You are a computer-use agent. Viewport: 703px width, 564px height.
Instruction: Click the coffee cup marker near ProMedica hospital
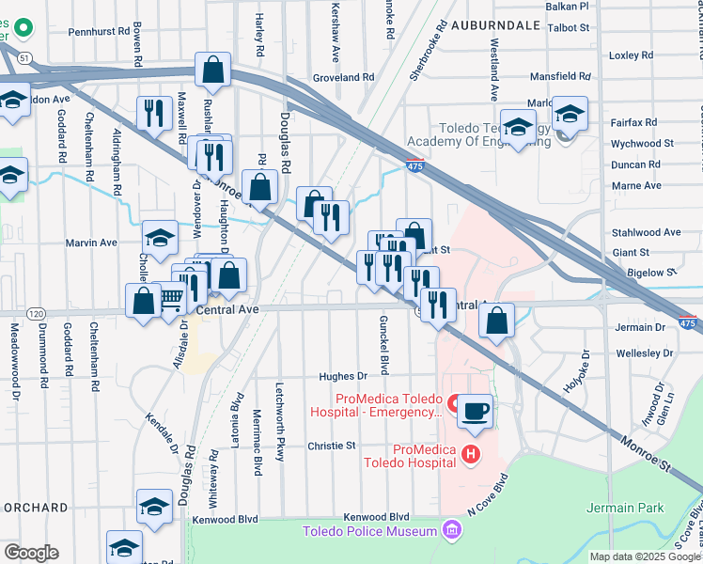476,411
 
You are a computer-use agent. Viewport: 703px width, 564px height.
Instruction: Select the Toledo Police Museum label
369,532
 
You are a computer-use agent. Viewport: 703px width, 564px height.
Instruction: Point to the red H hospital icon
471,455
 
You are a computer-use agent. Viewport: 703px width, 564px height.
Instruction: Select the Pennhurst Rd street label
98,31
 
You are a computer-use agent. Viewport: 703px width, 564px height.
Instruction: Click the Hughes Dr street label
340,376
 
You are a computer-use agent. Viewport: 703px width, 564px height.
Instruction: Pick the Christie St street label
333,446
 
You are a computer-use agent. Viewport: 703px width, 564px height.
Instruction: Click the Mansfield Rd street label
558,76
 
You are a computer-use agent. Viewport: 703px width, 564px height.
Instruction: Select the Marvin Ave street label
91,243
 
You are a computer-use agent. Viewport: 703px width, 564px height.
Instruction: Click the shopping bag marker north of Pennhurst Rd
213,70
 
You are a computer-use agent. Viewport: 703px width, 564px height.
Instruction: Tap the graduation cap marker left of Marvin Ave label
160,238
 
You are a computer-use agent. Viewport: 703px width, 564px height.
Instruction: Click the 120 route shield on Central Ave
36,313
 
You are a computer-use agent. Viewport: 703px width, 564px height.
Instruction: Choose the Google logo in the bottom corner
30,553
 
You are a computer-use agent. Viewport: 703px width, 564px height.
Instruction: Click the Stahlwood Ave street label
646,232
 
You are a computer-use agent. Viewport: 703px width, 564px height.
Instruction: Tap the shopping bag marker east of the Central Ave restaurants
496,321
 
